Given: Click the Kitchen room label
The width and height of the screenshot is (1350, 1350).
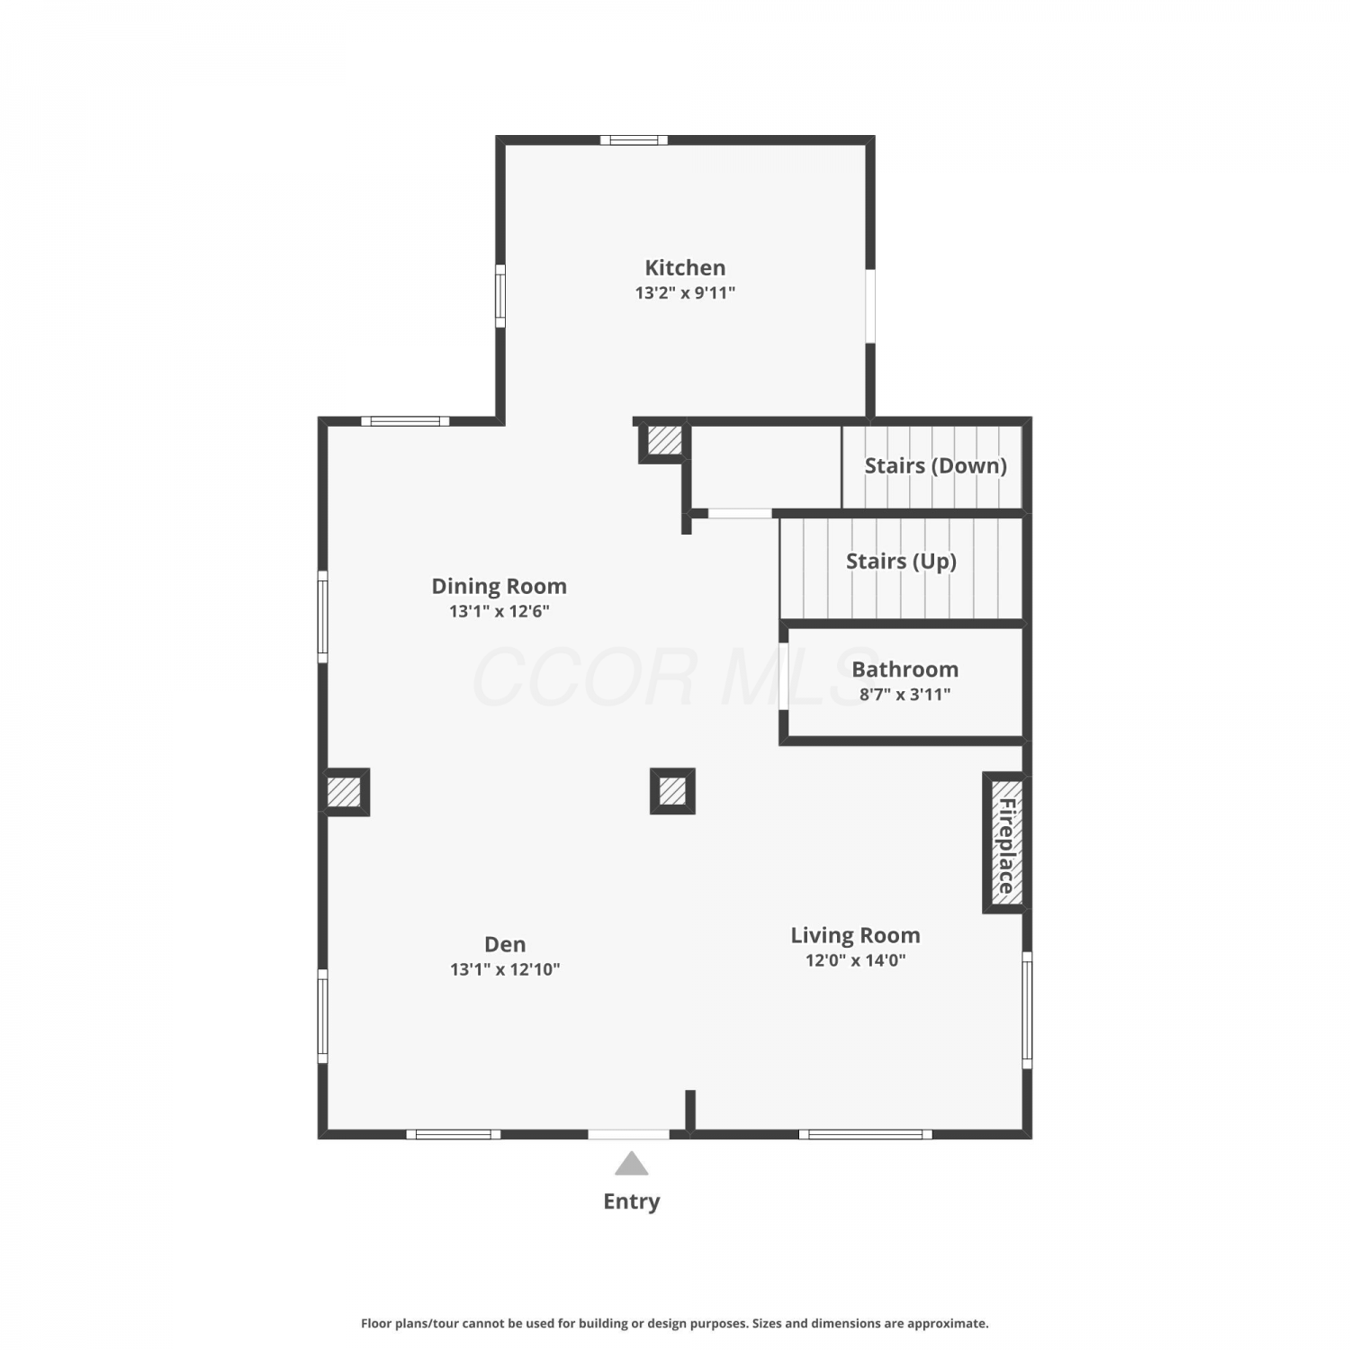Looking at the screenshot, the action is point(685,268).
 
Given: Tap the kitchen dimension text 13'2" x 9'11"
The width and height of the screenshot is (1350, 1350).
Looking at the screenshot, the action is point(685,292).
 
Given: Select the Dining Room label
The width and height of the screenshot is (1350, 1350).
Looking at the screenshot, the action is point(499,587).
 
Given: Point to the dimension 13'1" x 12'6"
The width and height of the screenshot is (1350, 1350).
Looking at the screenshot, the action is point(499,611).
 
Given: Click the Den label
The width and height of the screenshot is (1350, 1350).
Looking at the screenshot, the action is point(505,944).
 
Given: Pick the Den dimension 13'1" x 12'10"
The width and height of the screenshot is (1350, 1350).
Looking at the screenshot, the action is point(505,969).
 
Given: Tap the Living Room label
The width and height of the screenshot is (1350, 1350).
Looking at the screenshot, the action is point(855,936).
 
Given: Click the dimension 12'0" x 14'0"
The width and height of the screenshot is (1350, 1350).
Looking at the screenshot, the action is point(855,960).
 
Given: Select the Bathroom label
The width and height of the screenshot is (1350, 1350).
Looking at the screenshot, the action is point(904,670).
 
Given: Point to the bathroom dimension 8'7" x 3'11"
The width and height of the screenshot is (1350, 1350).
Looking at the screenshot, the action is point(904,694).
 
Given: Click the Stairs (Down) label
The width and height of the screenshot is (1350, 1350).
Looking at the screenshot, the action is point(935,466).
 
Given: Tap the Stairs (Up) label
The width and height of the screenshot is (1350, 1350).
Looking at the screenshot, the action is point(901,562).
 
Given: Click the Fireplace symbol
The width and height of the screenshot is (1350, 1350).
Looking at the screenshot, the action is point(1004,842).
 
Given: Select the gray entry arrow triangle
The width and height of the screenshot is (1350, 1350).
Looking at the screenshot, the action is point(632,1164).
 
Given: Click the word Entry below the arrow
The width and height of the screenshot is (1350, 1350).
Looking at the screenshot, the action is point(632,1201).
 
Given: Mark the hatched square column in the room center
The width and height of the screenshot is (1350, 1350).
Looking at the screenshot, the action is point(672,791).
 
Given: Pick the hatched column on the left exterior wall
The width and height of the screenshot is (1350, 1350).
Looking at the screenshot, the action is point(345,792).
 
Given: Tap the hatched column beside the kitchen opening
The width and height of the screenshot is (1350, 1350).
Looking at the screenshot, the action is point(663,441).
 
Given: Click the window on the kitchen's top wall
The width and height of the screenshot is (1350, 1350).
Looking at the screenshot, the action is point(634,139).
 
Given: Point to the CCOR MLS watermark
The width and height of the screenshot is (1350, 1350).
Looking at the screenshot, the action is point(675,677).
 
